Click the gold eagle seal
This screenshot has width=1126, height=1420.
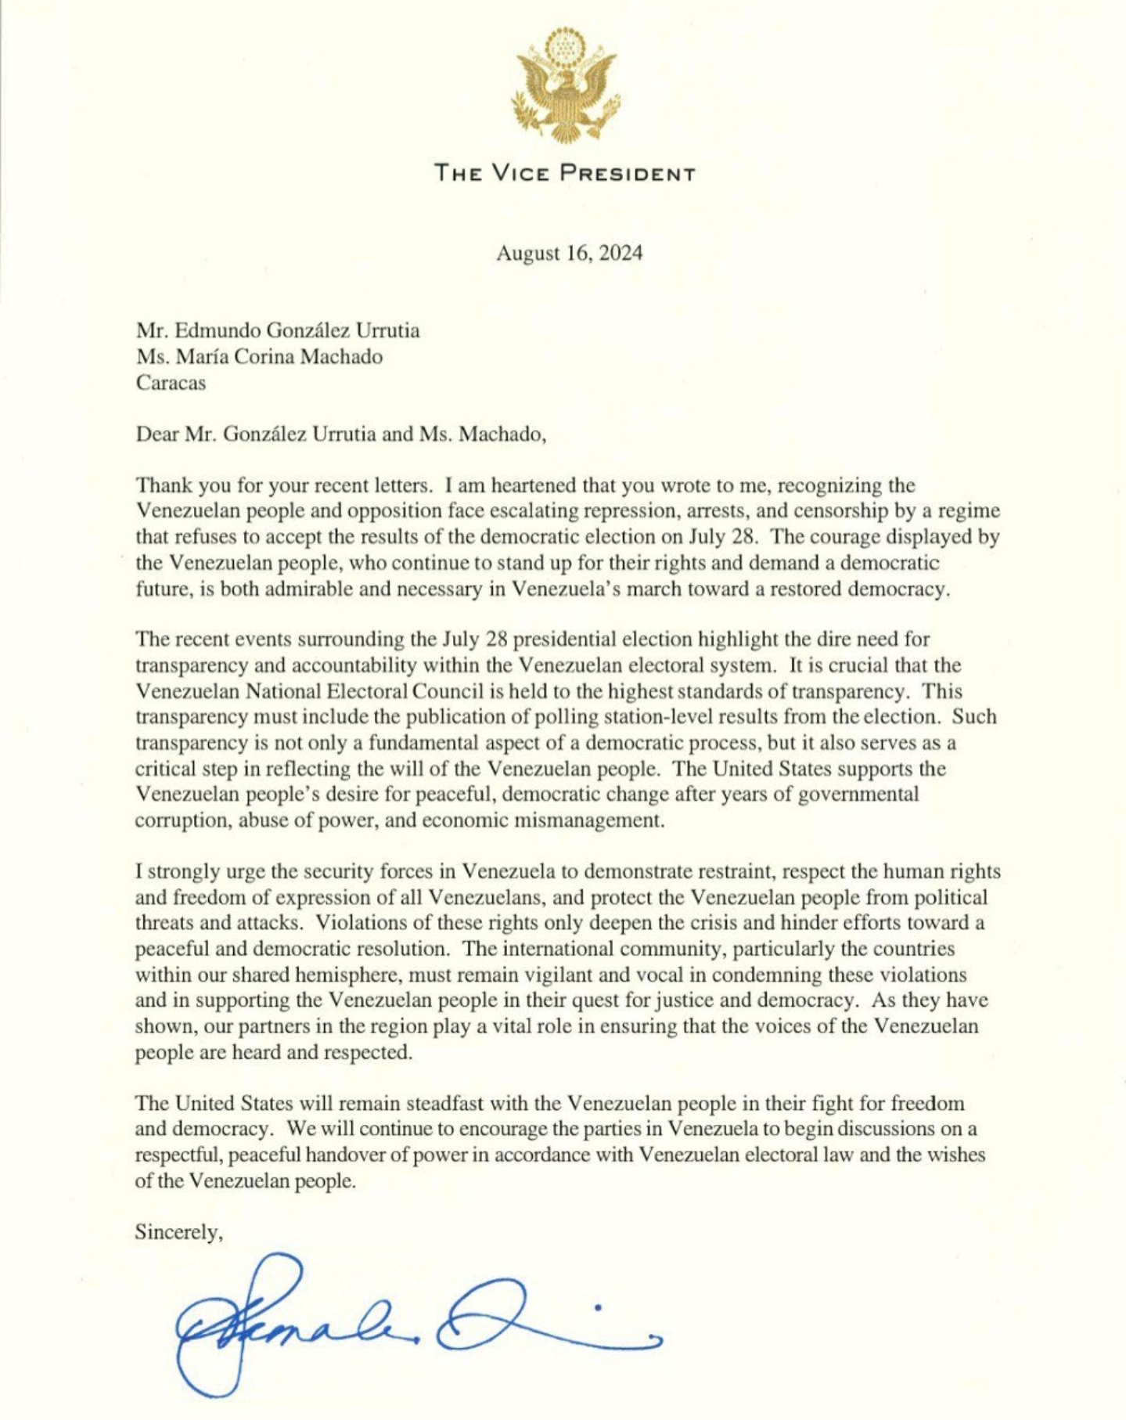(563, 85)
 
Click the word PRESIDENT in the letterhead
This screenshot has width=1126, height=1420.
(628, 173)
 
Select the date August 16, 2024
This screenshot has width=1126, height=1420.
(569, 253)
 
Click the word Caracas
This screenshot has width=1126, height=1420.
(171, 383)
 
